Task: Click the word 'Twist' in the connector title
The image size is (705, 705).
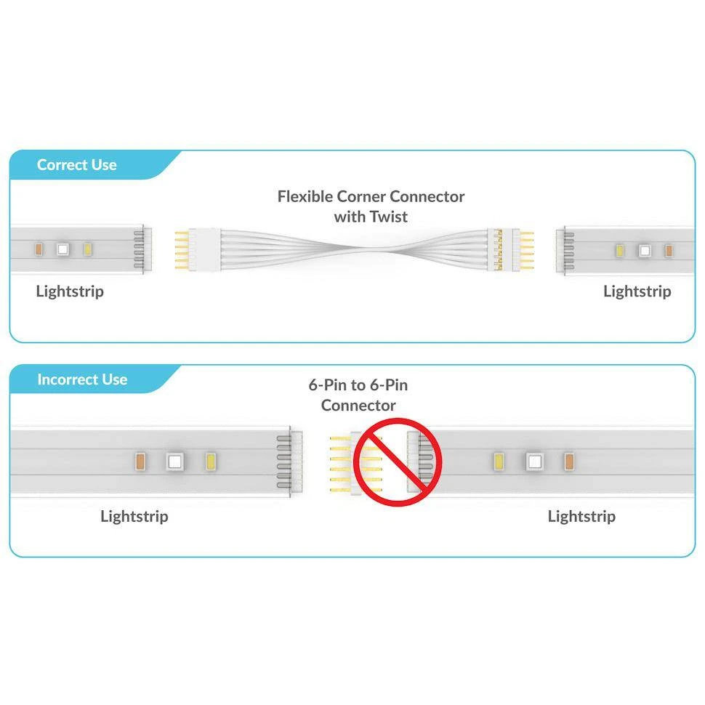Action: [x=390, y=217]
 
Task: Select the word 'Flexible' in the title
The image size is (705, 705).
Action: [x=305, y=196]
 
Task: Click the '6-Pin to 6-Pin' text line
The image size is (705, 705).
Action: [x=358, y=385]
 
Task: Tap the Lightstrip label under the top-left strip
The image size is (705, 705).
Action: [x=70, y=291]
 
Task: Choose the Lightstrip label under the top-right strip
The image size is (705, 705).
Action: [x=637, y=291]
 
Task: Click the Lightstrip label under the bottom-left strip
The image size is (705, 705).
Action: [x=134, y=516]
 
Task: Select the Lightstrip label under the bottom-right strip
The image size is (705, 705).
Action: [x=581, y=516]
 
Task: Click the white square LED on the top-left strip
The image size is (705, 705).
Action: [x=63, y=249]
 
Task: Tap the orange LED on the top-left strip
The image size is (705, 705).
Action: [x=39, y=249]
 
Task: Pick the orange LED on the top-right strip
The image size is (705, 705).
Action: [x=669, y=251]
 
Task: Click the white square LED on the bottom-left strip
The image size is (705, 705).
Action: [x=175, y=462]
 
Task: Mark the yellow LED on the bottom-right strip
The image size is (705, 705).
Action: [x=499, y=462]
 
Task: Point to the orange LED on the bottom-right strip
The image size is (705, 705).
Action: [x=569, y=462]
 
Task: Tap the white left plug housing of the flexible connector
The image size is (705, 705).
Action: [x=204, y=249]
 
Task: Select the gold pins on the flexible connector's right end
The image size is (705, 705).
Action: [x=527, y=250]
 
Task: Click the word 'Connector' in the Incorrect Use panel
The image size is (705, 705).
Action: [x=358, y=406]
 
